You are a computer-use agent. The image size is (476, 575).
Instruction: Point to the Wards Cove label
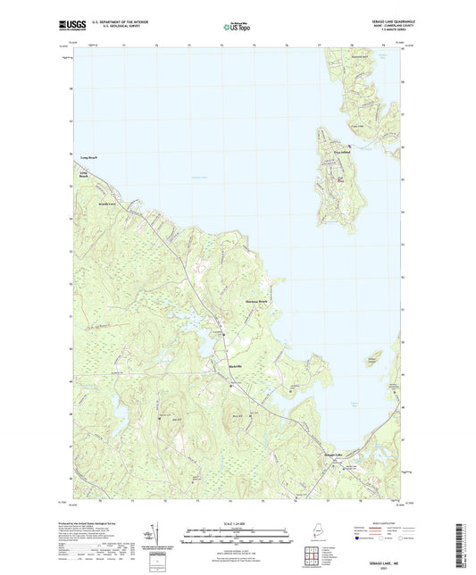point(108,203)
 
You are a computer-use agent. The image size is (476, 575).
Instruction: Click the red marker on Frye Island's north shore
point(349,145)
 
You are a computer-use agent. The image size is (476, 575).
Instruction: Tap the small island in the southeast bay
point(372,358)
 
